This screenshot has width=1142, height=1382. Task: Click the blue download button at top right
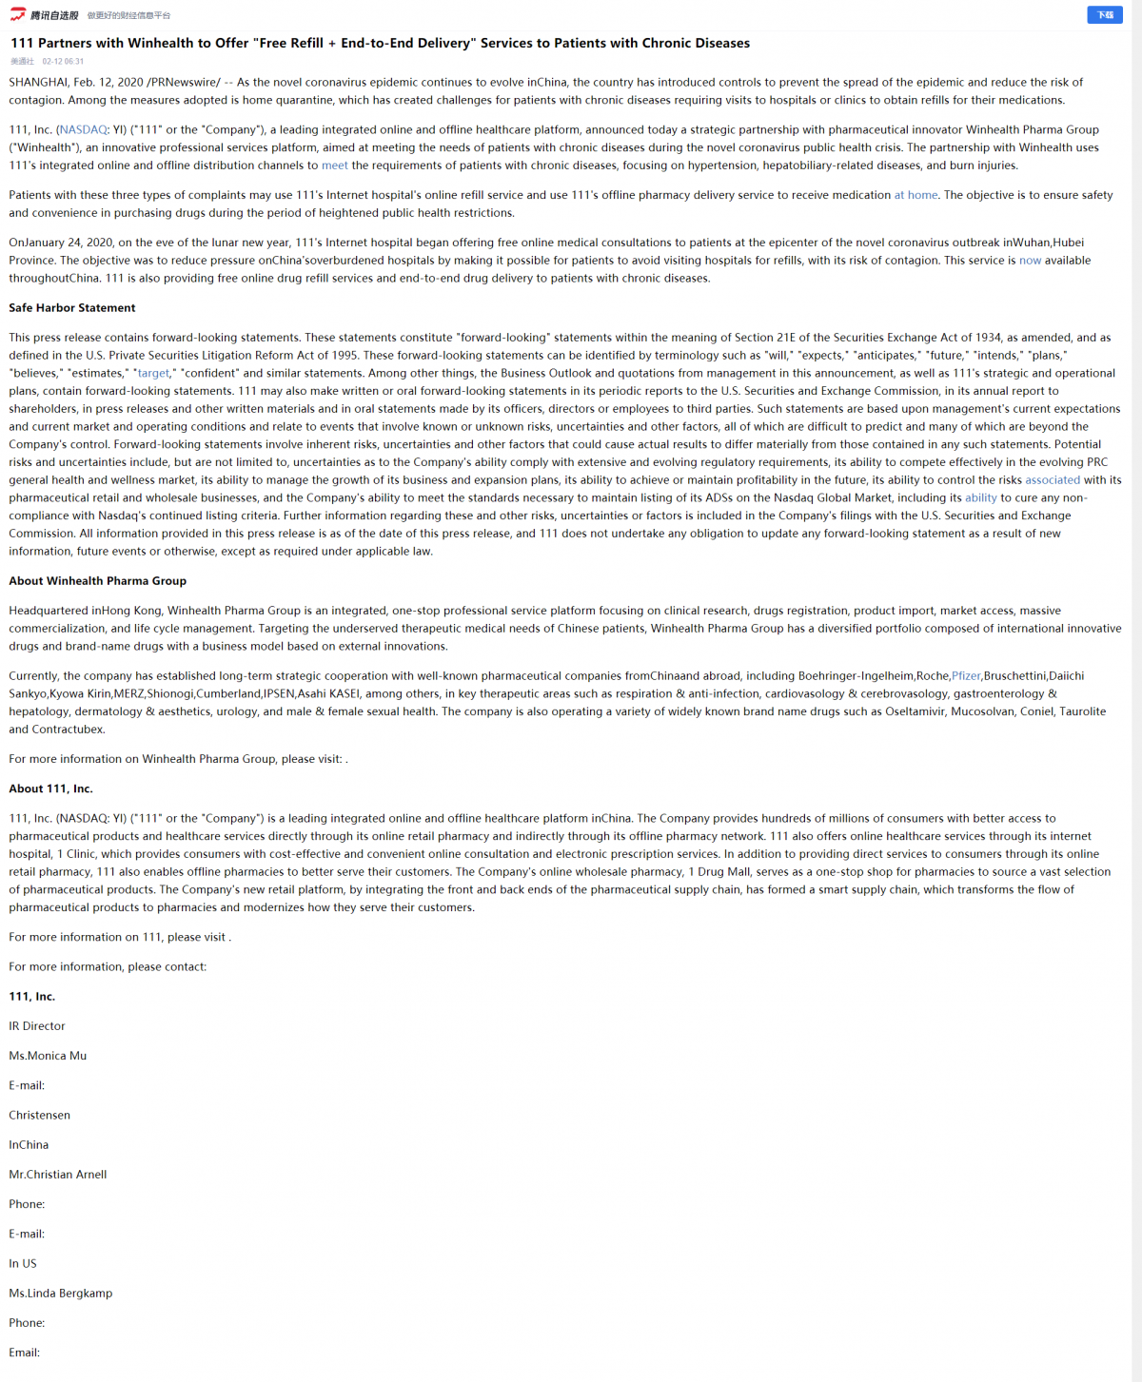1104,15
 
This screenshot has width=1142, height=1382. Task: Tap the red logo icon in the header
18,14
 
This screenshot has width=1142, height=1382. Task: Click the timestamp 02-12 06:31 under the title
63,62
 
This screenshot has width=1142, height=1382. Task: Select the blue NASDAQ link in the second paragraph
84,130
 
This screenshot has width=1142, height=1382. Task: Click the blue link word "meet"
334,165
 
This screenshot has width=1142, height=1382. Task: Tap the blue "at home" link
916,195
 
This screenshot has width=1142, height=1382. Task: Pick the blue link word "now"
1030,261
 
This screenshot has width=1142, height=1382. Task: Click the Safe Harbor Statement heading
72,308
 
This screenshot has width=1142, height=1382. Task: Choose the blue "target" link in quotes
153,374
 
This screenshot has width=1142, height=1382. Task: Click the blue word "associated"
1052,480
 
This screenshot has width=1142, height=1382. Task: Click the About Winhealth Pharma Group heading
98,581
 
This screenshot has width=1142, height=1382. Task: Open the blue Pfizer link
966,676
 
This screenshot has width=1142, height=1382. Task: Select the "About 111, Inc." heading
51,788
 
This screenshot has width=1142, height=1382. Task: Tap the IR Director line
37,1026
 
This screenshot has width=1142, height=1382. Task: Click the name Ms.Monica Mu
48,1056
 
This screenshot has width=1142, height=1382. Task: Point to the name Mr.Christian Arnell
58,1175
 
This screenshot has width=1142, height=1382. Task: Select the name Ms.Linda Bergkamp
61,1294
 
